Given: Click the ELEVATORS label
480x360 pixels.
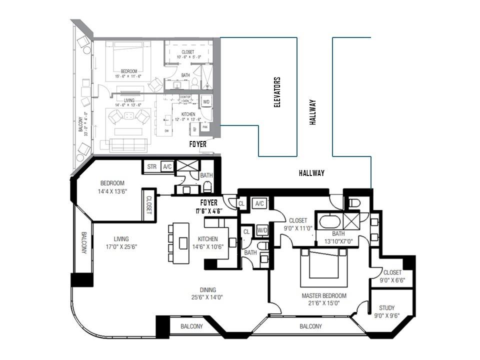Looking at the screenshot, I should pyautogui.click(x=277, y=92).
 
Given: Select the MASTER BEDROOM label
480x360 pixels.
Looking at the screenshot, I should pyautogui.click(x=323, y=295).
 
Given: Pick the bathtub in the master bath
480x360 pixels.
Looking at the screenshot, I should pyautogui.click(x=329, y=220).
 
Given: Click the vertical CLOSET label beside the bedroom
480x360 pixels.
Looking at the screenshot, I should pyautogui.click(x=149, y=204).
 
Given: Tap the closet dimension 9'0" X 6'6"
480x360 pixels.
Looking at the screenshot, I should pyautogui.click(x=392, y=280).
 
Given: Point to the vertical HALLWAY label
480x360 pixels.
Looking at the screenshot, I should pyautogui.click(x=313, y=111).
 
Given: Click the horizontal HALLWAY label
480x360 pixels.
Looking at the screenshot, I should pyautogui.click(x=311, y=173).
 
